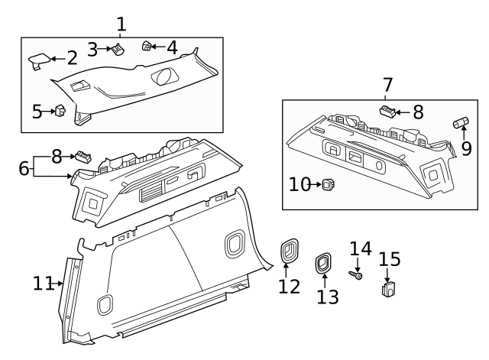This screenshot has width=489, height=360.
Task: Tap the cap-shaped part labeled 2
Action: (40, 59)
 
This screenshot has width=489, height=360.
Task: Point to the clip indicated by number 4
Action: (147, 47)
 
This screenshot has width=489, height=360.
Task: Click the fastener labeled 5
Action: (58, 112)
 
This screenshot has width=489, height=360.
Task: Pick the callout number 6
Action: (23, 167)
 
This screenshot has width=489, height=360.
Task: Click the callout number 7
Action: (387, 84)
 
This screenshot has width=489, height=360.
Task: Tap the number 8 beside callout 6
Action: (57, 156)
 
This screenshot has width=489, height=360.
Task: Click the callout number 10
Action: (299, 183)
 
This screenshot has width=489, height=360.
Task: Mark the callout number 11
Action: (43, 284)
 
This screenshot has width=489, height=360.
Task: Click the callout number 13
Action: (327, 297)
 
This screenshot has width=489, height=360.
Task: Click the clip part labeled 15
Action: (388, 290)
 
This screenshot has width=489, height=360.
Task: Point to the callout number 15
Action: (390, 258)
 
